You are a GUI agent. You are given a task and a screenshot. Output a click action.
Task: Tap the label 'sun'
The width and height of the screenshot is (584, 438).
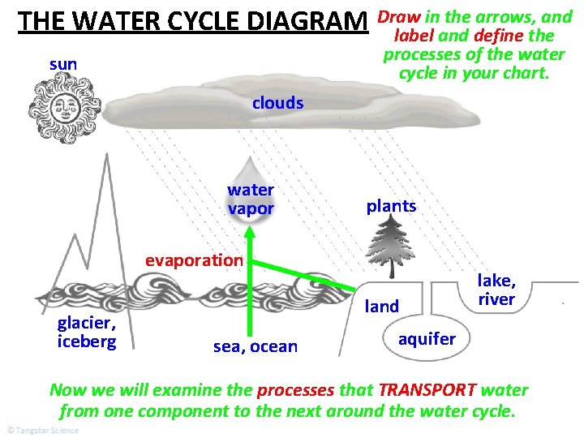tap(63, 63)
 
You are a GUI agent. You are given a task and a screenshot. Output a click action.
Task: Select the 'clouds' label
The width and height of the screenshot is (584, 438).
tap(277, 103)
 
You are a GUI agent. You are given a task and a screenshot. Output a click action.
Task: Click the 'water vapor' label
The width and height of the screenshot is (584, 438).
tap(251, 200)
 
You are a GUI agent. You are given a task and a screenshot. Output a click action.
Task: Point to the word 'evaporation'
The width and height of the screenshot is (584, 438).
tap(194, 260)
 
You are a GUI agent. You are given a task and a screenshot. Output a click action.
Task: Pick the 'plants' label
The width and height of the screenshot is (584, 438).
tap(391, 206)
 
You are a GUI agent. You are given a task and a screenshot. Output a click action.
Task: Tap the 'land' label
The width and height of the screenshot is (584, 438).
tap(382, 306)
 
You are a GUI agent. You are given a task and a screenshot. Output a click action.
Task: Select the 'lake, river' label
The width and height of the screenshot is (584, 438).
tap(496, 290)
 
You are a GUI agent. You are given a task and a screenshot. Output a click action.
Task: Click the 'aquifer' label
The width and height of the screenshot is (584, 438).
tap(427, 338)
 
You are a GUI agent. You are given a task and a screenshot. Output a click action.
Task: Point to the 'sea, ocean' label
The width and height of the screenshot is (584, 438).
tap(255, 347)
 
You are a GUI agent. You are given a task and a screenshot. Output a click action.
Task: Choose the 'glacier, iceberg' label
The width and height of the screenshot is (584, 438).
tap(86, 332)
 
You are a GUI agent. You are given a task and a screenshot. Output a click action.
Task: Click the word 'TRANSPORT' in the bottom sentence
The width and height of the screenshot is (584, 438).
tap(429, 390)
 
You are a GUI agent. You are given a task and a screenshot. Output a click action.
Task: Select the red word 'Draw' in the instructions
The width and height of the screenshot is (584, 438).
tap(398, 16)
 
